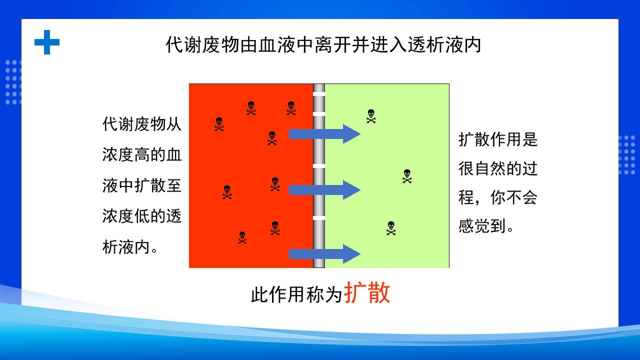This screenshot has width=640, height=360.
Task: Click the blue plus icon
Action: coord(47,42)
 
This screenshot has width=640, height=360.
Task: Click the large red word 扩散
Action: coord(367,293)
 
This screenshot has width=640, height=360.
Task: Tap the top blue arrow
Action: coord(324,133)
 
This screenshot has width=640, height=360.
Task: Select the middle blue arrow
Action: coord(324,189)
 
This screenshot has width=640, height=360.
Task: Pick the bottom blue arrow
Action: coord(324,253)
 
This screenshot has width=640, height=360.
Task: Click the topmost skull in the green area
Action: coord(371,116)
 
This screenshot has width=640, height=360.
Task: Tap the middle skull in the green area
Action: coord(407,176)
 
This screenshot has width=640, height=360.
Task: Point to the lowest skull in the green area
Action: coord(391,228)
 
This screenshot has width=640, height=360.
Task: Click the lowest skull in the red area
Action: coord(242,237)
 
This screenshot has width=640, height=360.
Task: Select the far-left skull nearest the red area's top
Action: coord(219,124)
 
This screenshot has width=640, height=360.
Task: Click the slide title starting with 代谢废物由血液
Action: coord(323,45)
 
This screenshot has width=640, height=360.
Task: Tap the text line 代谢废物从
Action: coord(142,124)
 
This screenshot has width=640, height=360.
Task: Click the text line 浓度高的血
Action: coord(142,154)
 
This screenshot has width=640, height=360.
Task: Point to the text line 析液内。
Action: coord(131,247)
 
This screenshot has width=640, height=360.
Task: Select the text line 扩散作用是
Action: coord(498,139)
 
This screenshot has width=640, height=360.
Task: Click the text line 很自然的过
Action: coord(498,168)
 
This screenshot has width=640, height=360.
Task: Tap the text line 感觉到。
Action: coord(486,226)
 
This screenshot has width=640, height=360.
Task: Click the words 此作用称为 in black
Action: coord(297,295)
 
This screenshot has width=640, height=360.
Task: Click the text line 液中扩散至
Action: coord(142,185)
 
